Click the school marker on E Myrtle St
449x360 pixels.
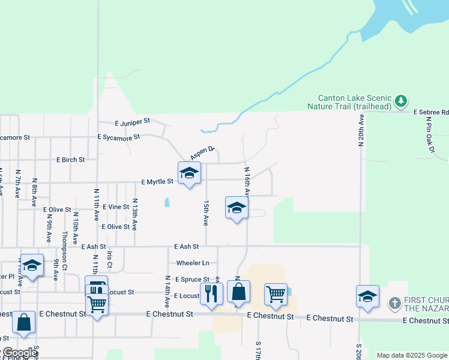point(190,174)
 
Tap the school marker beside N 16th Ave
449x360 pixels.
point(237,209)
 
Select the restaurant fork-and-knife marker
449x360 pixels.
point(211,293)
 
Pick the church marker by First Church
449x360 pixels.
point(394,303)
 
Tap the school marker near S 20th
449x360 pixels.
point(367,297)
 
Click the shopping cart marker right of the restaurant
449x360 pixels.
point(276,295)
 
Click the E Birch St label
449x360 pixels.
point(70,160)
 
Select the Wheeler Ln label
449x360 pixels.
point(193,263)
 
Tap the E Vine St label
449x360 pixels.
point(116,206)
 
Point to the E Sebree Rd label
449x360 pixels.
point(432,112)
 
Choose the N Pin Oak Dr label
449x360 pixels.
point(429,135)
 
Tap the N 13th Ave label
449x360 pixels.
point(135,215)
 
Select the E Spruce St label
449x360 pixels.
point(192,280)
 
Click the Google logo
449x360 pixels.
point(20,353)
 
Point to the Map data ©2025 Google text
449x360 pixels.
point(411,355)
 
